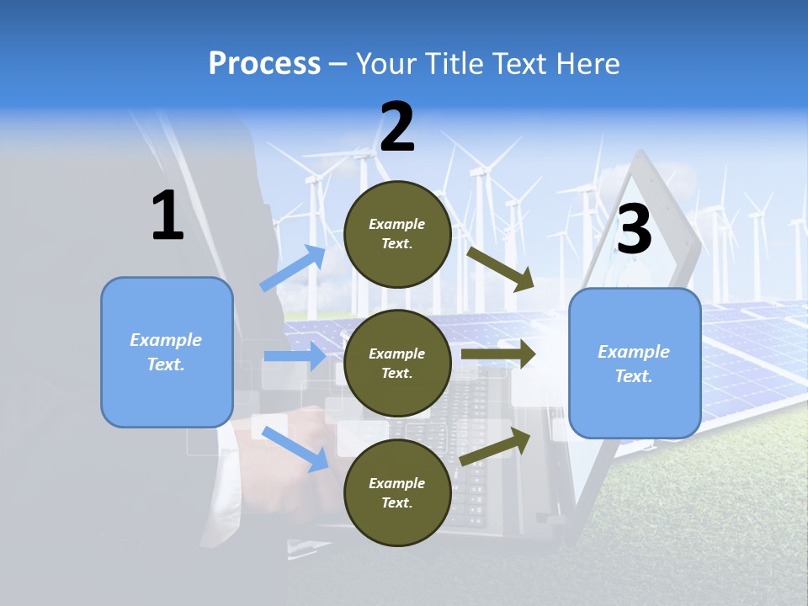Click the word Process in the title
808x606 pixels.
point(264,64)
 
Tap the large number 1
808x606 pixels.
point(167,215)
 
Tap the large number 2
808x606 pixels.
point(397,127)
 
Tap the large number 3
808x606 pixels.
point(634,229)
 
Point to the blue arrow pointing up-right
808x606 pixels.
point(293,268)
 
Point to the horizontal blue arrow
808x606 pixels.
point(295,356)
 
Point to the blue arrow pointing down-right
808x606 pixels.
point(295,449)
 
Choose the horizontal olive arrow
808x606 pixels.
point(498,354)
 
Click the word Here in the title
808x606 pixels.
point(589,64)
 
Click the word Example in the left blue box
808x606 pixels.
point(166,340)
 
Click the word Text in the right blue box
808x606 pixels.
point(633,376)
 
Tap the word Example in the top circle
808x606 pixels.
point(397,225)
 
